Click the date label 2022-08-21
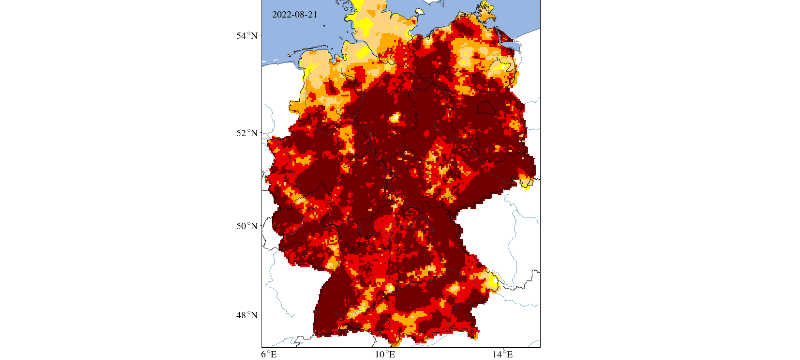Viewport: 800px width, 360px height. (294, 15)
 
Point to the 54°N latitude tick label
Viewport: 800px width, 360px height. (247, 36)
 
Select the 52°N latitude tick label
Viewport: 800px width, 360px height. (247, 133)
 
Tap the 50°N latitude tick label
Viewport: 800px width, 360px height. (247, 226)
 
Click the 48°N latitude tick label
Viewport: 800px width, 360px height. (247, 315)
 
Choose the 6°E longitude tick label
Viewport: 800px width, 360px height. (269, 354)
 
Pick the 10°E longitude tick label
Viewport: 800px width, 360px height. (385, 354)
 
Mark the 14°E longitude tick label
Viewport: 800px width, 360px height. (502, 354)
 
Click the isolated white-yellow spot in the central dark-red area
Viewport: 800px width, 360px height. (395, 118)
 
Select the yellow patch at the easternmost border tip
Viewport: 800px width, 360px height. (526, 183)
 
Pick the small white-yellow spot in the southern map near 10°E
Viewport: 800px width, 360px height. (389, 288)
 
